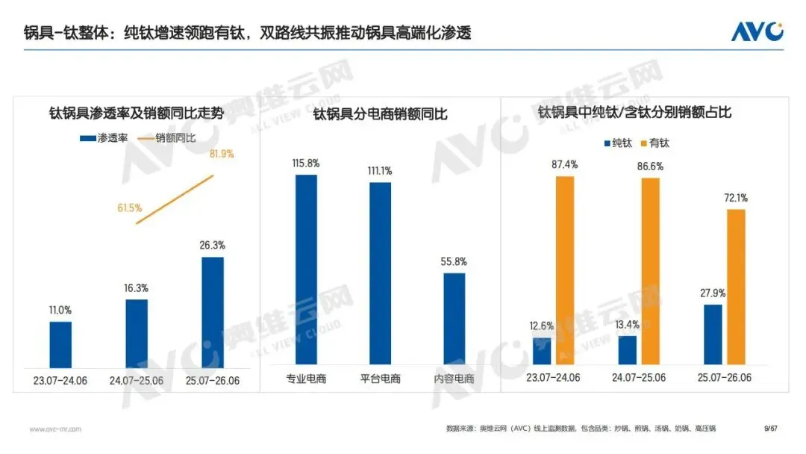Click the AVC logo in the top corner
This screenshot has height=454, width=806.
[x=757, y=31]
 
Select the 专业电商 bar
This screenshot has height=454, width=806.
[x=306, y=270]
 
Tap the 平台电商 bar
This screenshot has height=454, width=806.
[x=380, y=273]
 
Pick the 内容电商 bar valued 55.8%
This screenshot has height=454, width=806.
[x=454, y=319]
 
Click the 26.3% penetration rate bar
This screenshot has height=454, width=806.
[x=212, y=313]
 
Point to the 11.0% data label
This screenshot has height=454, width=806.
[x=60, y=310]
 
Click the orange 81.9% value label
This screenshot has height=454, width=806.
[x=222, y=154]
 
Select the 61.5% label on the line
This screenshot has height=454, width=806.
[x=130, y=208]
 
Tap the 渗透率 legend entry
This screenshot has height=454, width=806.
[x=104, y=138]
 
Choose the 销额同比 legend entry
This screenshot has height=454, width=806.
[x=166, y=138]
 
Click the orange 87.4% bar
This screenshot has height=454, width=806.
[x=565, y=270]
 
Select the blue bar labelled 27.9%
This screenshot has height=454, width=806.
[x=713, y=335]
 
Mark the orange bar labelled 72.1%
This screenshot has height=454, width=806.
[x=736, y=287]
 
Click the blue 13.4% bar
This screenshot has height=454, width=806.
[x=627, y=350]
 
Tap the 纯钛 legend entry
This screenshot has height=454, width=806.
[x=618, y=143]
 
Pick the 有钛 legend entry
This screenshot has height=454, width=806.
[x=655, y=143]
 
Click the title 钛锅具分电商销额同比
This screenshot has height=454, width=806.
[x=381, y=113]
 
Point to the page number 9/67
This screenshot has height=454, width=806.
[x=770, y=429]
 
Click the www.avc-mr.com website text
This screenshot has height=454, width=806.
[x=55, y=429]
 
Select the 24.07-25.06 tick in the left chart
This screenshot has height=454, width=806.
[x=137, y=381]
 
